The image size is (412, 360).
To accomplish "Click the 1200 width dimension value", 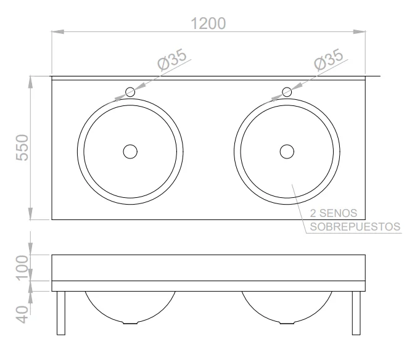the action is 208,23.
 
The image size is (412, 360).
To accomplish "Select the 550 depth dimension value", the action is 22,147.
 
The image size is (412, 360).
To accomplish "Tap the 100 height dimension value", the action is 22,268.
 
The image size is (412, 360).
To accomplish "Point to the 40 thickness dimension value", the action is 22,314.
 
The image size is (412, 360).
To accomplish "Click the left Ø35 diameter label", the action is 172,60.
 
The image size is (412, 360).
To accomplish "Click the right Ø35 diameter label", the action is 329,60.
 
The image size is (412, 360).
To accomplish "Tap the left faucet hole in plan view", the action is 130,92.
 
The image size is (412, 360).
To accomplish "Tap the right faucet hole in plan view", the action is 287,92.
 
